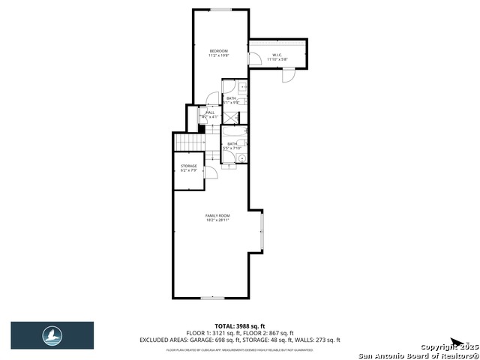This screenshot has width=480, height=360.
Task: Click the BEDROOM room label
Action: point(218,50)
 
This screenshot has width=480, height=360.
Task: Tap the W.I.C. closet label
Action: point(277,54)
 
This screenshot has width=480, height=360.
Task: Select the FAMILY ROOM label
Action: point(217,215)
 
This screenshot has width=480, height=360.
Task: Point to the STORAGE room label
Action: point(188,166)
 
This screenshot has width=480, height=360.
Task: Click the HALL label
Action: point(210,112)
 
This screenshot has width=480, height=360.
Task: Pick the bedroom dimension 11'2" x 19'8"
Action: point(218,55)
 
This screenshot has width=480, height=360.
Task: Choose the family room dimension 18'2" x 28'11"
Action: point(217,220)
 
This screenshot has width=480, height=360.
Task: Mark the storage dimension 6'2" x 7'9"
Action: point(188,170)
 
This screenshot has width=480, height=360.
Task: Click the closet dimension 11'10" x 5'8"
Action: point(277,58)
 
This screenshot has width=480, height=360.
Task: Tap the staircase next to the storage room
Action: point(190,142)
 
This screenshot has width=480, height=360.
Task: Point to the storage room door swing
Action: point(212,172)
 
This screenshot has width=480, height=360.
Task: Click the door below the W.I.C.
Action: point(288,76)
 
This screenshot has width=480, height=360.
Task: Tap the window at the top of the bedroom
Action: point(220,10)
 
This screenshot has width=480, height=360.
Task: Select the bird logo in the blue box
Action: point(52,335)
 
